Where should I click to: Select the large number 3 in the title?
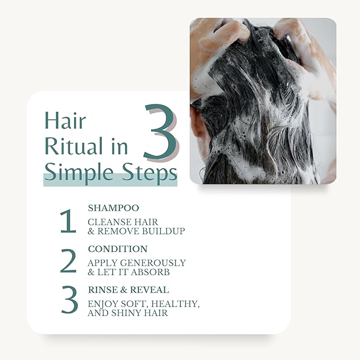coord(160,133)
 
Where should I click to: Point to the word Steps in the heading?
coord(151,172)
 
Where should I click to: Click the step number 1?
coord(68,222)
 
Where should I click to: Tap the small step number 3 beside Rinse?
coord(69,301)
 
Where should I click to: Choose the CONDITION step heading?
coord(118,249)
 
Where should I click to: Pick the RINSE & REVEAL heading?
coord(128,289)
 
